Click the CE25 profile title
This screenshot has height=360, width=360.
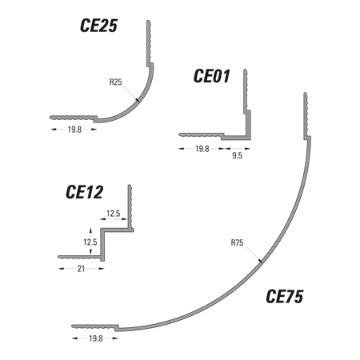98,26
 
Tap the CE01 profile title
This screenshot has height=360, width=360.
211,76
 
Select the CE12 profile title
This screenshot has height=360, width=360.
84,192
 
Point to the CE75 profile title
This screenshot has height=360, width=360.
285,296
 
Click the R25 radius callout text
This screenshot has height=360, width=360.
116,82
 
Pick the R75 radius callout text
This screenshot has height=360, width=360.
237,243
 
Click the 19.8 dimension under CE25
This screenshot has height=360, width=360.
74,130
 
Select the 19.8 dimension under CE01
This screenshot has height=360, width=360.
202,149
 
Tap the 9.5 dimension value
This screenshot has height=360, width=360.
237,156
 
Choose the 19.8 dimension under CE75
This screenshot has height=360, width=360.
96,338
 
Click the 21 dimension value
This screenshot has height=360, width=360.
81,269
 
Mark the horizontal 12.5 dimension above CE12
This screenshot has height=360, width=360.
114,214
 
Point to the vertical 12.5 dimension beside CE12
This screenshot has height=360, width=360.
90,242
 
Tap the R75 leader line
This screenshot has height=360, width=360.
254,255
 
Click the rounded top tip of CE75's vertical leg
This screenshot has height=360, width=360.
306,94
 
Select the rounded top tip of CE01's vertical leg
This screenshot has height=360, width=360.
245,70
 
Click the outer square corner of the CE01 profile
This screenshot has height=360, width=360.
250,139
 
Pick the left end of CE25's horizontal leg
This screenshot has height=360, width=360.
50,118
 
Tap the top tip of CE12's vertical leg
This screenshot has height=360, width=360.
130,186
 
